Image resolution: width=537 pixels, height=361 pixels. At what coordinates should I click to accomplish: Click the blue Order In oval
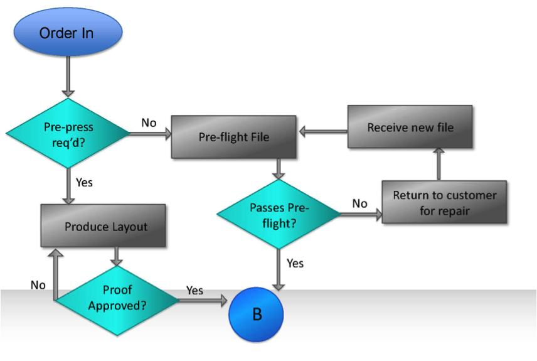coord(68,32)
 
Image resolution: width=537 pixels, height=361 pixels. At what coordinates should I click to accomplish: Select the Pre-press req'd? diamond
coord(68,133)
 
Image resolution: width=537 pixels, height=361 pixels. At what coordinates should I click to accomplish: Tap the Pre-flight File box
coord(233,137)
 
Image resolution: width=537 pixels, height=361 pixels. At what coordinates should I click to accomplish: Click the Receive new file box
coord(410,127)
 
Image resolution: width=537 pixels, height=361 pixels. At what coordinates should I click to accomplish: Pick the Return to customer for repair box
coord(444,202)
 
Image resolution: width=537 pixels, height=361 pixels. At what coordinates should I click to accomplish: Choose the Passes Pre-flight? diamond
coord(279,214)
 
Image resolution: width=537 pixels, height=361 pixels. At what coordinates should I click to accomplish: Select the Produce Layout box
coord(103,225)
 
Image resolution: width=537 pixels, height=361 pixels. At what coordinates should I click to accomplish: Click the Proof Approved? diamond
coord(117,300)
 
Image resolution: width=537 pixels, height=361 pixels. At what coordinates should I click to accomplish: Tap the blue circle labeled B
coord(256,315)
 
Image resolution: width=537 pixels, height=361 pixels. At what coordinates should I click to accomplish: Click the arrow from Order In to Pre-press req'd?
coord(68,77)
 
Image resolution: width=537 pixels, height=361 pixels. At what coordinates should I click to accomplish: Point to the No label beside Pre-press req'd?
coord(149,122)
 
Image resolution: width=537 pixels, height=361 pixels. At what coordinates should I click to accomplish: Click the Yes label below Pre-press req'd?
coord(84,183)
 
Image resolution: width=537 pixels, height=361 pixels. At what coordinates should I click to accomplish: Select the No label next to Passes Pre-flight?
coord(360,203)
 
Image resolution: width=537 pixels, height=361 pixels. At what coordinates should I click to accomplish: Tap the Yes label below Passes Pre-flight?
coord(295,263)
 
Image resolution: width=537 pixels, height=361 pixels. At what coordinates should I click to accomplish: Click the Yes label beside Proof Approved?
coord(195,291)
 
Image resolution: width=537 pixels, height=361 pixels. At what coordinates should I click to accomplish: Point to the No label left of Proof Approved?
coord(38,285)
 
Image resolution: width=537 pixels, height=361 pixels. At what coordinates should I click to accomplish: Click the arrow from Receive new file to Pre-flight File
coord(323,132)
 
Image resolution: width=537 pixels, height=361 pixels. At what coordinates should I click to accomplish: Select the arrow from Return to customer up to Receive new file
coord(439,164)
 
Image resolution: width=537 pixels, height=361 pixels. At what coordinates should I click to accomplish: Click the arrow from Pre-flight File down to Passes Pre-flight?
coord(279,169)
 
